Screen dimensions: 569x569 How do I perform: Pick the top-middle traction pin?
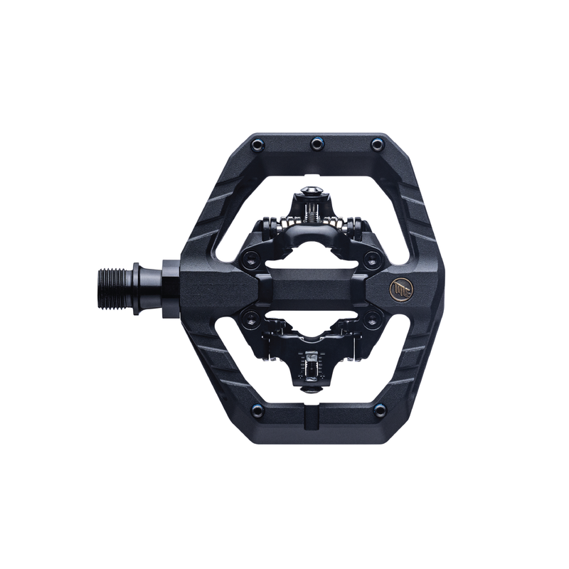point(316,144)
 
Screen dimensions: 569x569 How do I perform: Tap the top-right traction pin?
point(378,146)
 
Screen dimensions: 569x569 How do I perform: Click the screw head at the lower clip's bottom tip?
point(310,388)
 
